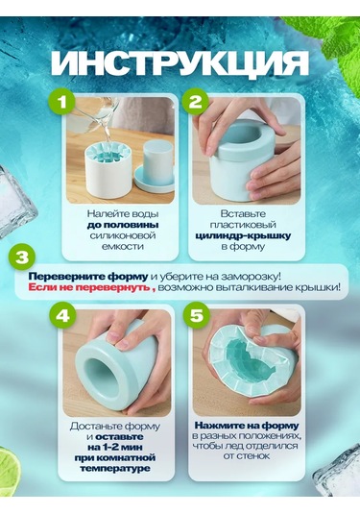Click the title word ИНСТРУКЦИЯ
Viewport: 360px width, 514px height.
point(180,63)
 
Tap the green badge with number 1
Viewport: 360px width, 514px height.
point(61,102)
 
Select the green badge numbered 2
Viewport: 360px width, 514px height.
point(196,102)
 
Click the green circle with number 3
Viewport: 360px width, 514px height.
point(22,257)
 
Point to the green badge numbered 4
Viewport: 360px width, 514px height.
point(61,316)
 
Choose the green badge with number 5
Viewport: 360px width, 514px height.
point(197,316)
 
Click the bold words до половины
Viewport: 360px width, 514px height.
point(123,225)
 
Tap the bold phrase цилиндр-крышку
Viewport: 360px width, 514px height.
point(244,235)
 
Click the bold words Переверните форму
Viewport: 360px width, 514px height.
point(88,277)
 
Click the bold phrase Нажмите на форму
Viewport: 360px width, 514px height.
point(247,426)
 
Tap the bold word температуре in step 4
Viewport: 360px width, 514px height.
point(115,469)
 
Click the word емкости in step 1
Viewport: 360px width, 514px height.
point(123,246)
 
